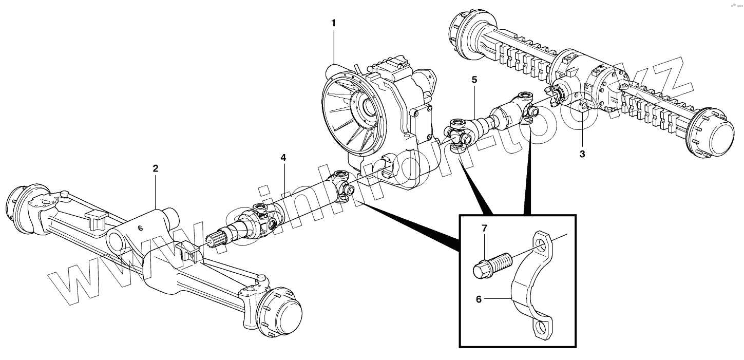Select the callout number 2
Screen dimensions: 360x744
tap(156, 168)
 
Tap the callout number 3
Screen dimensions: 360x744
tap(582, 154)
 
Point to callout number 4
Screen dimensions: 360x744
tap(283, 158)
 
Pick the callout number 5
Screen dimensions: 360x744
tap(474, 80)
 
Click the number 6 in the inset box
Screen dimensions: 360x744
tap(479, 298)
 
